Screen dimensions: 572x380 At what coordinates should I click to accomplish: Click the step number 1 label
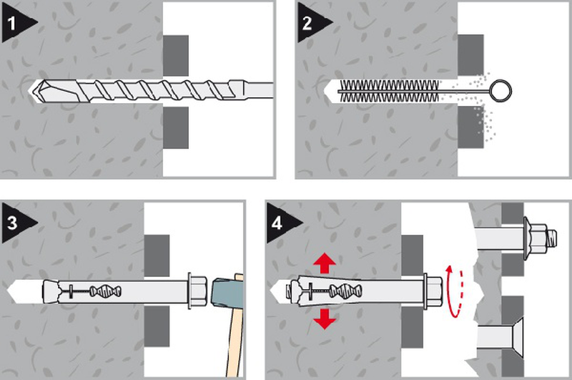click(11, 24)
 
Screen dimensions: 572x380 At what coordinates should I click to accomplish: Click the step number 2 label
click(307, 24)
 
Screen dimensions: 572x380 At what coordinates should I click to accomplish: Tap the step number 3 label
click(12, 223)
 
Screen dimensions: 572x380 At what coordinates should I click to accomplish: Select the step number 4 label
click(277, 223)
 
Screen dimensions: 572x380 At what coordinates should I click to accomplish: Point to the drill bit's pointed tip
click(30, 90)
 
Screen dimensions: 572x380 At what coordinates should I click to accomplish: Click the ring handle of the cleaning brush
click(500, 91)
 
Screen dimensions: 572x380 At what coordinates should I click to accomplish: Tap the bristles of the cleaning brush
click(389, 91)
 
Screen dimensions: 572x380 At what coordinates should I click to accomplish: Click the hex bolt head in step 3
click(198, 291)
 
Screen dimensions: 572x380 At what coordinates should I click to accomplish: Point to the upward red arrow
click(325, 263)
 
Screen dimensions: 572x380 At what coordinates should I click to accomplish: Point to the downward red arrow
click(325, 318)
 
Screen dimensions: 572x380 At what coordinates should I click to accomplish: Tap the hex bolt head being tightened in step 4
click(433, 291)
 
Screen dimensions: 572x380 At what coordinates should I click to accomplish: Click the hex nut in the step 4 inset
click(537, 238)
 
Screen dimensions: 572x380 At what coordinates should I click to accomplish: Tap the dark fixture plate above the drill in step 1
click(176, 56)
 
